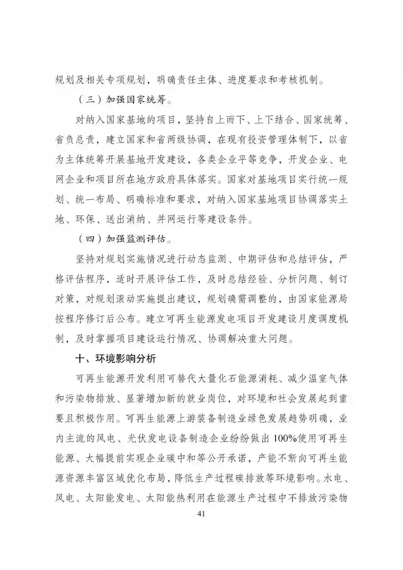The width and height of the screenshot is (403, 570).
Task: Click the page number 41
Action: [201, 514]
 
